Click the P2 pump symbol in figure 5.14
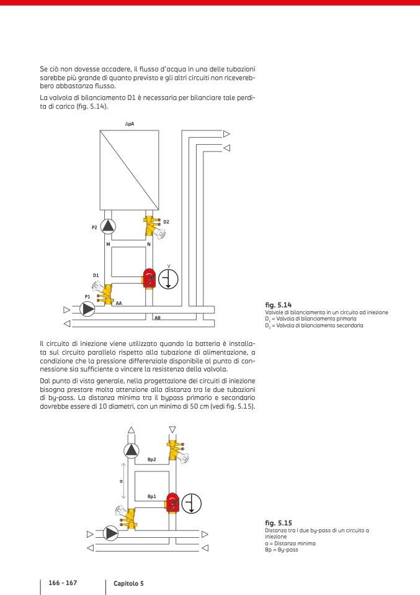pyautogui.click(x=109, y=226)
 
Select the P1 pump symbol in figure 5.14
pyautogui.click(x=88, y=308)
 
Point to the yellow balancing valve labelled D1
pyautogui.click(x=105, y=291)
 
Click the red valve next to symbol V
pyautogui.click(x=150, y=278)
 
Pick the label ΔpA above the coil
pyautogui.click(x=130, y=124)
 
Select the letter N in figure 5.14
pyautogui.click(x=149, y=245)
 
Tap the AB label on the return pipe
pyautogui.click(x=158, y=317)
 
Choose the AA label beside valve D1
pyautogui.click(x=118, y=303)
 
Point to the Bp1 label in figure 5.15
pyautogui.click(x=151, y=497)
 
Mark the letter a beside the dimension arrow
pyautogui.click(x=121, y=481)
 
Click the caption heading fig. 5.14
pyautogui.click(x=278, y=305)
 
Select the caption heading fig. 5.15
pyautogui.click(x=278, y=524)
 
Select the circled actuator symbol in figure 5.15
pyautogui.click(x=192, y=503)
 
